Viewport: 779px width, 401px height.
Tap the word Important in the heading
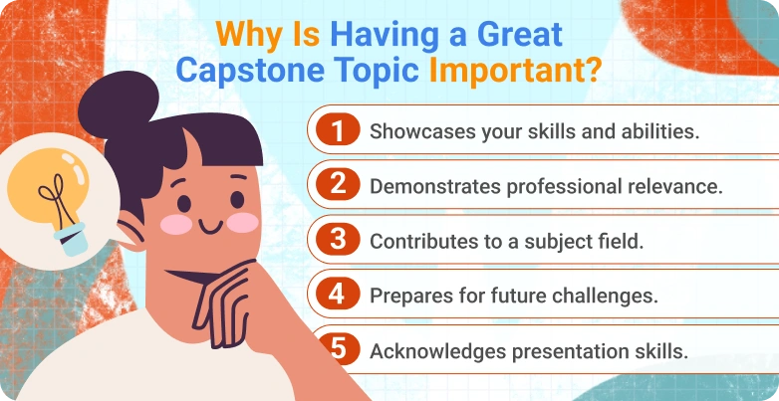pyautogui.click(x=507, y=74)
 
